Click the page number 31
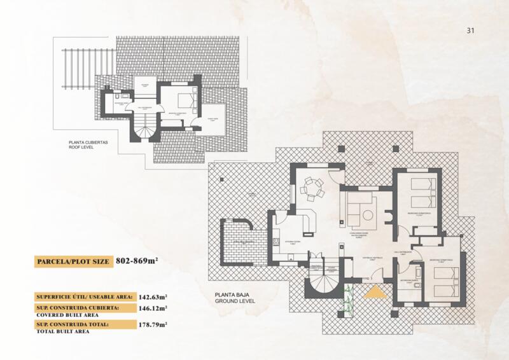[x=471, y=30]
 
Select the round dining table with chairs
[x=312, y=188]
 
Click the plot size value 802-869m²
[x=136, y=261]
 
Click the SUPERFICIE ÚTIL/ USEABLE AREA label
[x=83, y=296]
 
